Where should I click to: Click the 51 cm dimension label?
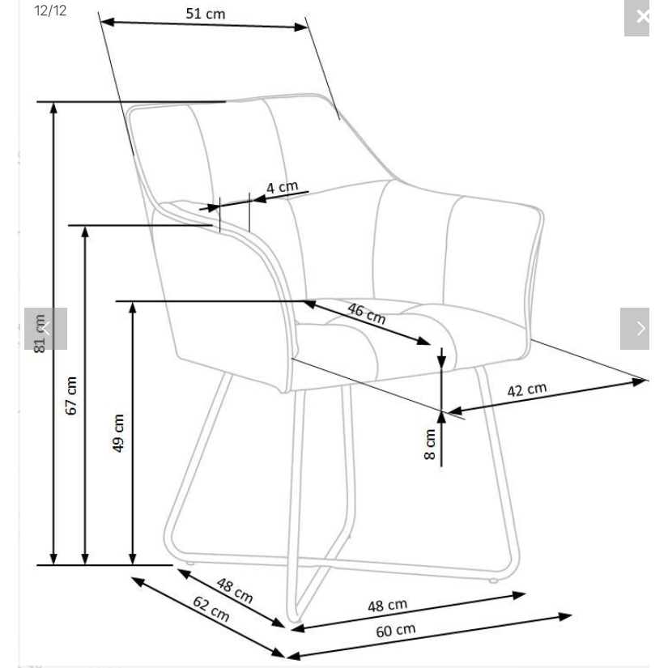[206, 14]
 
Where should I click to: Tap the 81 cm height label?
[40, 334]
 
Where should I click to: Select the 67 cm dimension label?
[71, 395]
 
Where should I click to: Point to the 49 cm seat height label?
[118, 433]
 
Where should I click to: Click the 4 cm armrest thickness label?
[282, 187]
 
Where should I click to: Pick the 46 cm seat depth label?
[366, 313]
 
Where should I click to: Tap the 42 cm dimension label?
[527, 389]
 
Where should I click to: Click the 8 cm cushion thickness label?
[430, 444]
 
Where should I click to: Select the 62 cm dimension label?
[211, 608]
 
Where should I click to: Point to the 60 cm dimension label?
[396, 630]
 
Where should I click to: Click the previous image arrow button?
[45, 329]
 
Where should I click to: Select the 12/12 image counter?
[50, 11]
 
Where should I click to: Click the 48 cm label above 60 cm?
[387, 605]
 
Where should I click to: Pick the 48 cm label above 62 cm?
[235, 590]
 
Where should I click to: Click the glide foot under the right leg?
[493, 581]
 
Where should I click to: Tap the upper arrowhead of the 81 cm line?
[53, 108]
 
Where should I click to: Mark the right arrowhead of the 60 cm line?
[565, 616]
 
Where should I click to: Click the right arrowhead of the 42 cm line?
[640, 382]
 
